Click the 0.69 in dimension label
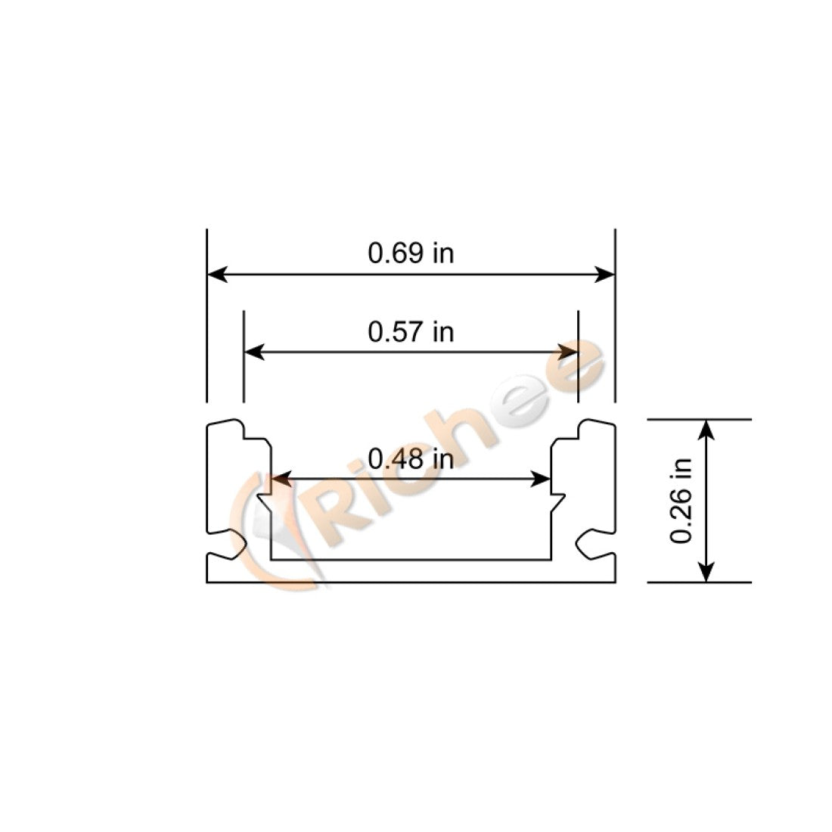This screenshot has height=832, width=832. pos(411,253)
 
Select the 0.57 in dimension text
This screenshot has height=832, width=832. pos(411,331)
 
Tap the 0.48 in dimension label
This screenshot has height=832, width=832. pos(411,458)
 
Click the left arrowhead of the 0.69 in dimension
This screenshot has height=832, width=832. pos(216,274)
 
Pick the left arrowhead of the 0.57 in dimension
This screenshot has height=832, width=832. pos(253,352)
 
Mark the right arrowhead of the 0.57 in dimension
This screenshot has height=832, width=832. pos(568,352)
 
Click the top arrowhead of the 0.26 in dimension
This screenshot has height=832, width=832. pos(706,429)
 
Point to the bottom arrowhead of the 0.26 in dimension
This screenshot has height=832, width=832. pos(706,572)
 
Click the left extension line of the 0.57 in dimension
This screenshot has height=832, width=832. pos(244,355)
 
